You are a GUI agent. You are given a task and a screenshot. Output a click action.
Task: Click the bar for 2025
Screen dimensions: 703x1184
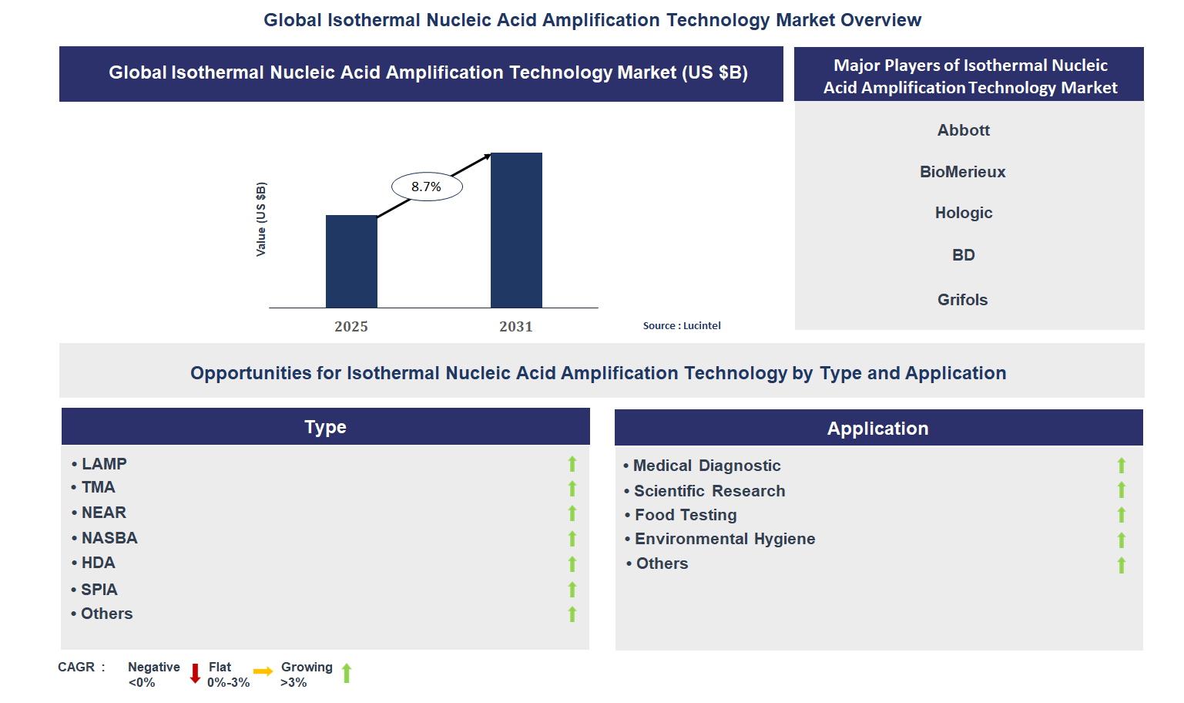coord(351,261)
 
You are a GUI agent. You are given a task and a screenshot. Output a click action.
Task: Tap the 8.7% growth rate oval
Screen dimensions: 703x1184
coord(427,187)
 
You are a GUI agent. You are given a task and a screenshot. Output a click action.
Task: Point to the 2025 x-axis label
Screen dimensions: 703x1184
coord(351,327)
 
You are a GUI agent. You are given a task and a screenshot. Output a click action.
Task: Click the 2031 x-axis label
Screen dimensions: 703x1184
coord(516,327)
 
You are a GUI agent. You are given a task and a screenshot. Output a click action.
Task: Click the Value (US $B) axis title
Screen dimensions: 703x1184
coord(261,220)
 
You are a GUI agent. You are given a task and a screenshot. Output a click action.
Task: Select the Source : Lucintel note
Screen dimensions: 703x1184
coord(682,326)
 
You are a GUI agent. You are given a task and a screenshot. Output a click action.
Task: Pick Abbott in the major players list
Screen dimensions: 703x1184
coord(963,130)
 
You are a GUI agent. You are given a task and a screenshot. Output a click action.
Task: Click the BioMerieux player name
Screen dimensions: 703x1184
coord(962,172)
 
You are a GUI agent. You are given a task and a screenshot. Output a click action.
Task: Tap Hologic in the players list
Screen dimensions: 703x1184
coord(963,213)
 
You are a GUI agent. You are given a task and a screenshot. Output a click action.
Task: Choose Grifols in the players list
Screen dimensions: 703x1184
coord(962,300)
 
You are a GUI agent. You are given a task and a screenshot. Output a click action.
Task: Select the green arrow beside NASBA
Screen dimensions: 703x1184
coord(572,539)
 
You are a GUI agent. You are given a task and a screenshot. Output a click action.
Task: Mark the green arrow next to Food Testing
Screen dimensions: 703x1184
coord(1122,515)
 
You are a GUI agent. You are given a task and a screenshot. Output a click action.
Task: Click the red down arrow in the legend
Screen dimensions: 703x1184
coord(195,674)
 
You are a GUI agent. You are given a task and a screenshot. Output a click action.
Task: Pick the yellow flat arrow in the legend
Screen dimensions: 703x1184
coord(263,672)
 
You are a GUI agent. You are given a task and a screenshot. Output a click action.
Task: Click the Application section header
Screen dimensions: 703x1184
coord(878,429)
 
